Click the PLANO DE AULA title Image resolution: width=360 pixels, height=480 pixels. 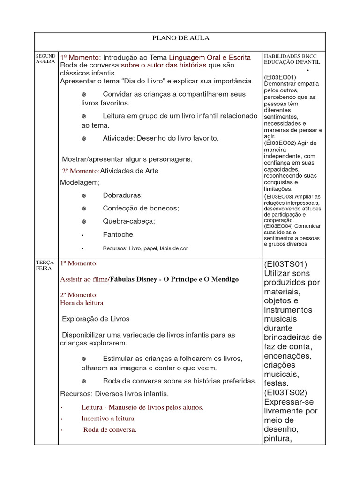pyautogui.click(x=180, y=38)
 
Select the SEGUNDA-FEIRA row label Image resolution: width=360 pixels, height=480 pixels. pyautogui.click(x=45, y=58)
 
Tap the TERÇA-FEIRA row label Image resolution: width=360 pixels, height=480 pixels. pyautogui.click(x=45, y=266)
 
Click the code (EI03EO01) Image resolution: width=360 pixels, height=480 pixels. pyautogui.click(x=280, y=77)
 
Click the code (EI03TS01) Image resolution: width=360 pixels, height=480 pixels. pyautogui.click(x=286, y=264)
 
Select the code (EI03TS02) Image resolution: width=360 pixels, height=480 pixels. pyautogui.click(x=286, y=392)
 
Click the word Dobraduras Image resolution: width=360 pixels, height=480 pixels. pyautogui.click(x=123, y=195)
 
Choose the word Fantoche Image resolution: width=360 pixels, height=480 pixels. pyautogui.click(x=118, y=234)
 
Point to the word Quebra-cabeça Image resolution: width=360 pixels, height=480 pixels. pyautogui.click(x=129, y=221)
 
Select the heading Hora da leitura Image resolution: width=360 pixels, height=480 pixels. pyautogui.click(x=82, y=303)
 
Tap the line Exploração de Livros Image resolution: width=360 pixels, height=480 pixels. pyautogui.click(x=96, y=319)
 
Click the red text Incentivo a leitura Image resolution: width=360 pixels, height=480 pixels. pyautogui.click(x=108, y=418)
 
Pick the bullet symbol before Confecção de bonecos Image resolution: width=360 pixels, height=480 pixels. pyautogui.click(x=84, y=208)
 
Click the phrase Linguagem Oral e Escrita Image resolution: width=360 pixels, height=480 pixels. pyautogui.click(x=210, y=57)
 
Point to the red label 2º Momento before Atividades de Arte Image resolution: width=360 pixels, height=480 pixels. pyautogui.click(x=80, y=171)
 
